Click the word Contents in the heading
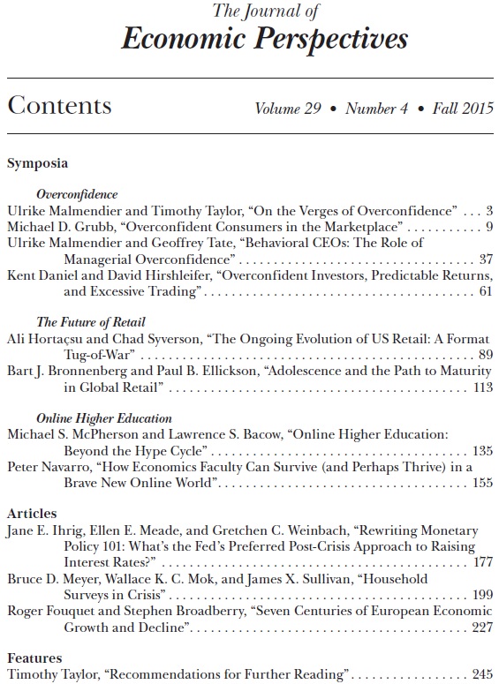[x=59, y=107]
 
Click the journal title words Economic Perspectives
[x=265, y=38]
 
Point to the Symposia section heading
[x=37, y=162]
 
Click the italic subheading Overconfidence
[x=77, y=193]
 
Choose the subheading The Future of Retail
[x=91, y=322]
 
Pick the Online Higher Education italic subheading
[x=104, y=418]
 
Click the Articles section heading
[x=32, y=514]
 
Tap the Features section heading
[x=34, y=658]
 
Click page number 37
[x=485, y=259]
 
